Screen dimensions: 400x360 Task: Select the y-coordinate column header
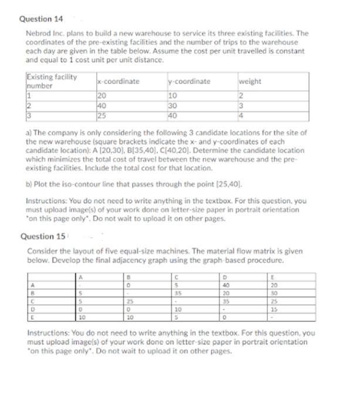188,81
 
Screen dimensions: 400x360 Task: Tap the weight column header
250,81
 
